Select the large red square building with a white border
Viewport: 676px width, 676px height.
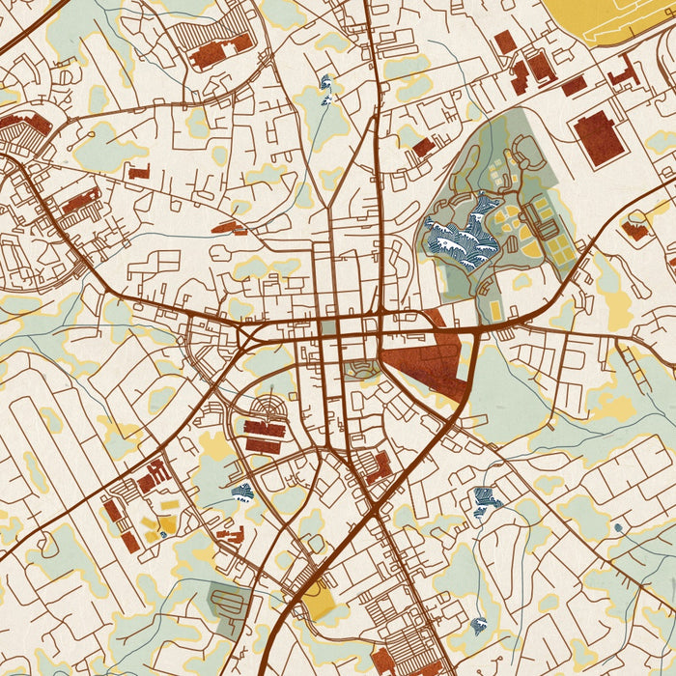[x=599, y=137]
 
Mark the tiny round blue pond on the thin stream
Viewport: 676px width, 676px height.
[x=617, y=527]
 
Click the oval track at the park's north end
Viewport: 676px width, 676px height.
[x=527, y=150]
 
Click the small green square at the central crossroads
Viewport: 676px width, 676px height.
[x=328, y=328]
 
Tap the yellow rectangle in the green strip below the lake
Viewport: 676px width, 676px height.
[x=495, y=309]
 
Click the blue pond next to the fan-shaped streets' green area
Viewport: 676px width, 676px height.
[x=242, y=492]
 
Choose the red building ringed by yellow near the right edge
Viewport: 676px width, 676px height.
[x=634, y=230]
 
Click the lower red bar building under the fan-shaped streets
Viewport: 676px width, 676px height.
[x=264, y=445]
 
